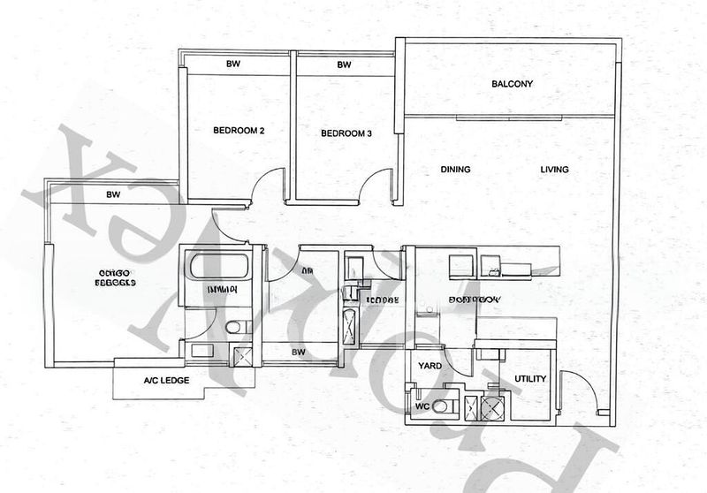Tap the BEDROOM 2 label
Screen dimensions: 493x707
(239, 131)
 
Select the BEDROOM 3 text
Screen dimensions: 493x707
(346, 134)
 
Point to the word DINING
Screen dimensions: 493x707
(455, 170)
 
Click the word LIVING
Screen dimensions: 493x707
(554, 170)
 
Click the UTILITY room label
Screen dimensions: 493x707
(530, 379)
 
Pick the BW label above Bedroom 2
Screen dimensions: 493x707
(233, 64)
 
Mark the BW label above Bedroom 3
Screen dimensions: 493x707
(344, 64)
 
